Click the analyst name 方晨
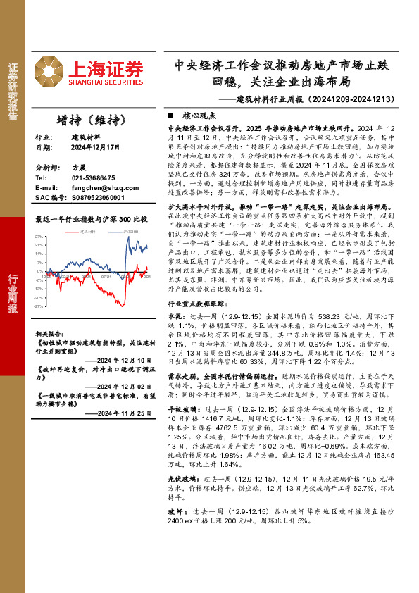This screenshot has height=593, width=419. (78, 169)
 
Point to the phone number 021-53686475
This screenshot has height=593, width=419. (95, 179)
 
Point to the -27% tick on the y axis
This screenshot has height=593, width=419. (39, 306)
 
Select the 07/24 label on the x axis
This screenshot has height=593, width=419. (106, 277)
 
